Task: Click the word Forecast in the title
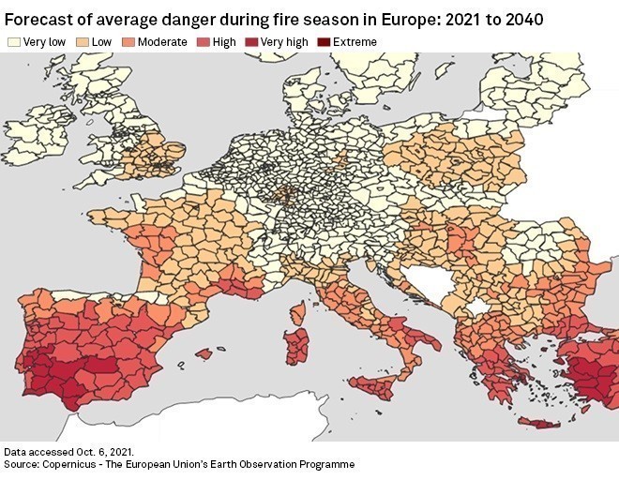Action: click(x=37, y=17)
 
